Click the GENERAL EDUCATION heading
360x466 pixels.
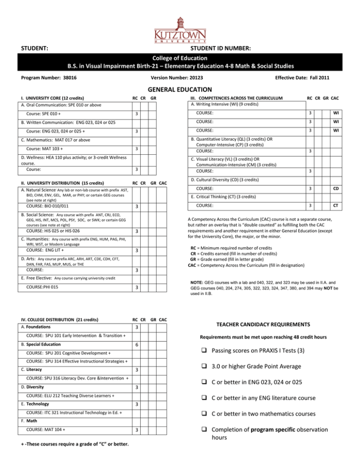point(180,90)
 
